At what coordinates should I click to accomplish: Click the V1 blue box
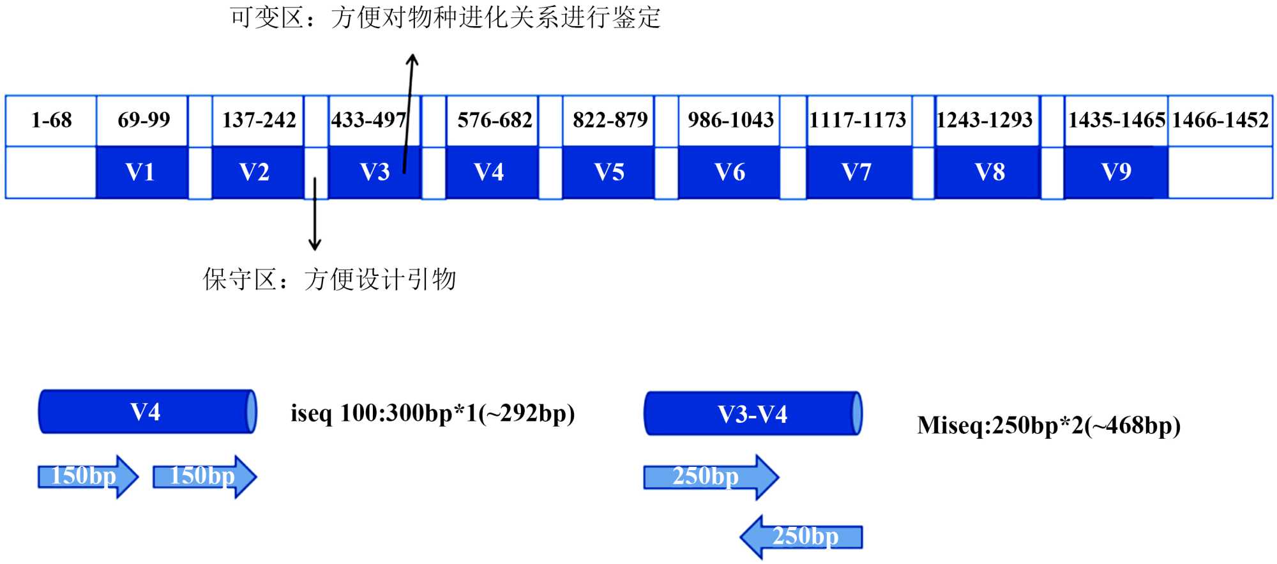pos(141,172)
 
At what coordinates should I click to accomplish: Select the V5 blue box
pos(608,172)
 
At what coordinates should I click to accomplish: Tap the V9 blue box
pos(1115,172)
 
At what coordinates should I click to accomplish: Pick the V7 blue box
pos(858,172)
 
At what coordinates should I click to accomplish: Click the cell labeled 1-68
pos(51,120)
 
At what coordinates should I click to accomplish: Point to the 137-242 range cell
pos(258,120)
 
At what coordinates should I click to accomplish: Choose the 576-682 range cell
pos(494,120)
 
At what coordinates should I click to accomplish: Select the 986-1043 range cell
pos(730,120)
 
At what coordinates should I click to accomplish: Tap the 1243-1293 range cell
pos(985,120)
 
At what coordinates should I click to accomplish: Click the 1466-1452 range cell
pos(1220,120)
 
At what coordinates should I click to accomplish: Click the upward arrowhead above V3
pos(412,59)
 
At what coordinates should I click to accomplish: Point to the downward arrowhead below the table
pos(314,244)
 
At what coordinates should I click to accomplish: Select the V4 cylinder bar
pos(147,412)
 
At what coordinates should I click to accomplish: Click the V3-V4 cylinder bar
pos(753,414)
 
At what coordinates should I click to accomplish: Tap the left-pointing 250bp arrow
pos(801,537)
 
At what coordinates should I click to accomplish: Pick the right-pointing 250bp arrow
pos(711,476)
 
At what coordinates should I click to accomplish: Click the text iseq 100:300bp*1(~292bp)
pos(432,413)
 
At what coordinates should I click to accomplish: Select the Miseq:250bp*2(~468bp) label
pos(1048,425)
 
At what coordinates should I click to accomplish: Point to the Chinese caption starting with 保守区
pos(329,279)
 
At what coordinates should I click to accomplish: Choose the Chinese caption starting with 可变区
pos(444,17)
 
